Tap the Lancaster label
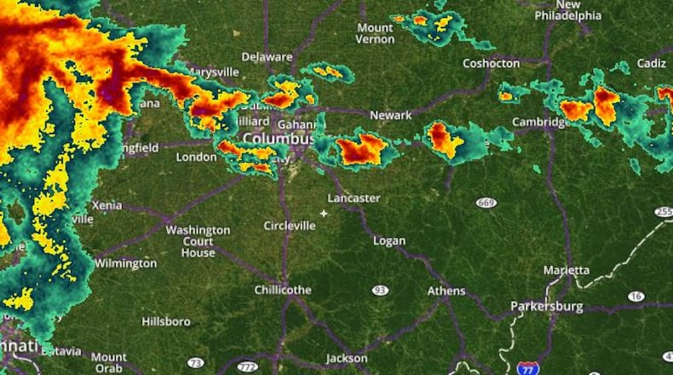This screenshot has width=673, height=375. point(354,198)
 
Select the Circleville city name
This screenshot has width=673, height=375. point(290,225)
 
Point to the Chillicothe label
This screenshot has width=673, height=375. point(283,290)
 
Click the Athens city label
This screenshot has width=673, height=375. point(446,291)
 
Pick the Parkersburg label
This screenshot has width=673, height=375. point(546,306)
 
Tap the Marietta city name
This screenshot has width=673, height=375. point(567,270)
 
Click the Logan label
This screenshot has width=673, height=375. point(389,240)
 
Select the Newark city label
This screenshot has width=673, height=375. point(391,115)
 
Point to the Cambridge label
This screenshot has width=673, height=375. point(541,122)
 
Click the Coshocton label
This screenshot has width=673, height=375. point(491,63)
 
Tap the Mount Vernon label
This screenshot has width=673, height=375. point(375,33)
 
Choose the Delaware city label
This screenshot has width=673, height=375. point(267,56)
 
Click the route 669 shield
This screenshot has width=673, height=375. point(486,202)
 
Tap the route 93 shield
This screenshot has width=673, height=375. point(380,290)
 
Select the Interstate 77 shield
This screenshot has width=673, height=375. point(527,367)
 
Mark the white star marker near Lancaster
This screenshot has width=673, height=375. point(324,213)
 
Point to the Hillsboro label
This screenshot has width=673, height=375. point(166,321)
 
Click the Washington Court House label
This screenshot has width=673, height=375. point(198,241)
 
